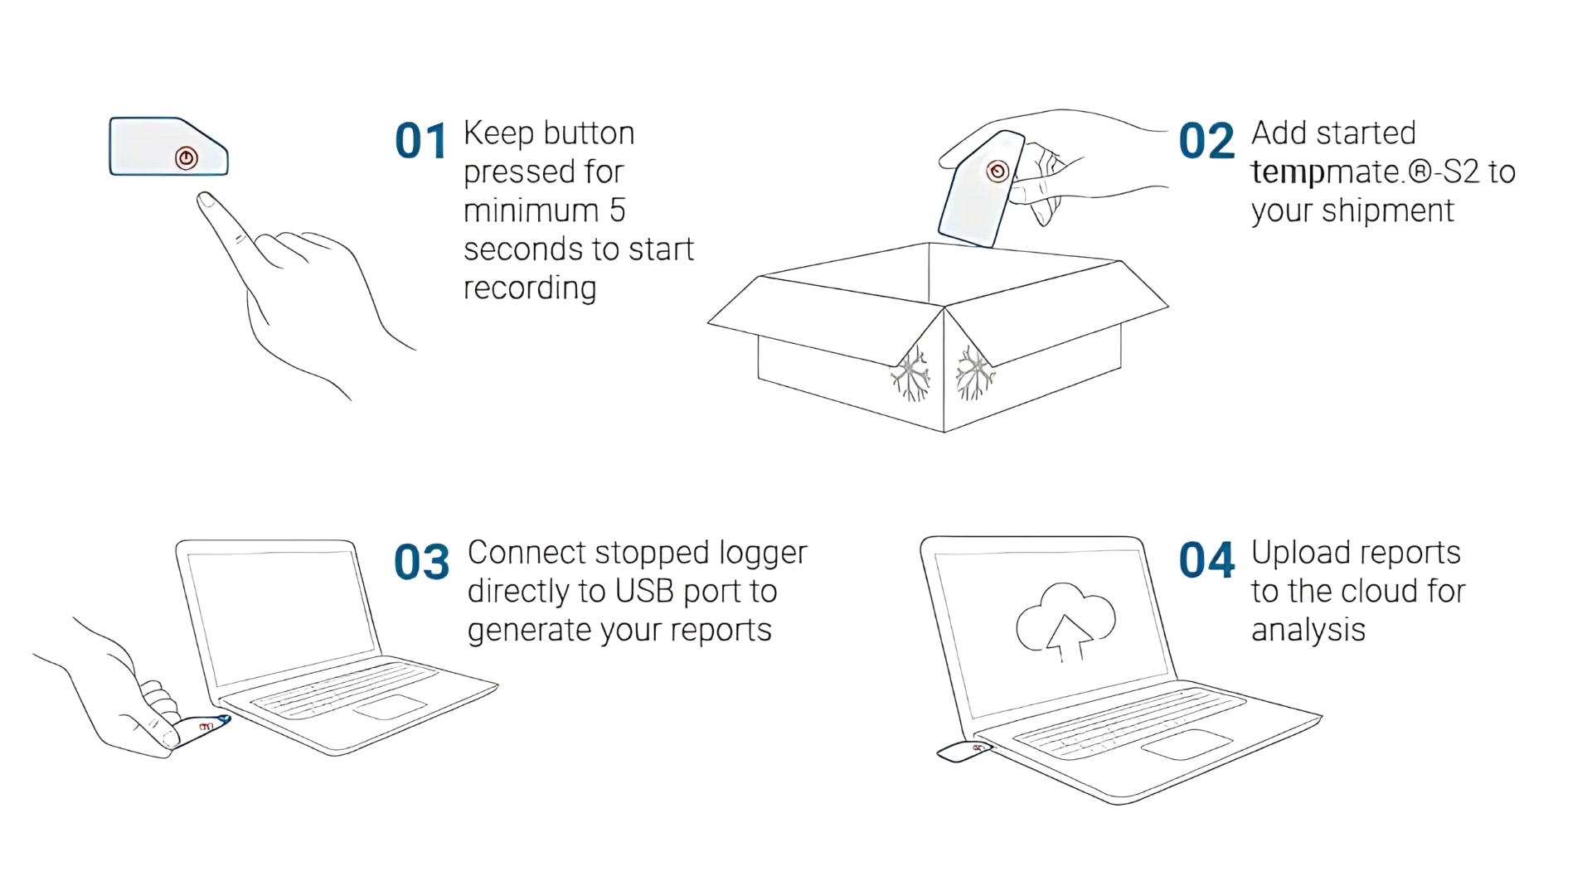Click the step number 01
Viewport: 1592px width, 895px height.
point(420,142)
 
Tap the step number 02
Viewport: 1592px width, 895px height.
point(1206,142)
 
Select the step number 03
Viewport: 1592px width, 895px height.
point(421,562)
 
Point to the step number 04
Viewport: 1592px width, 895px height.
point(1206,561)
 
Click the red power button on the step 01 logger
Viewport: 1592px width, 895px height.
point(187,158)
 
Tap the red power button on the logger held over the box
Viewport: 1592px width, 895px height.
point(997,172)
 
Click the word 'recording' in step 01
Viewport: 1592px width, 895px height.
point(529,288)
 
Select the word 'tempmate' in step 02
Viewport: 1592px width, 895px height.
point(1325,172)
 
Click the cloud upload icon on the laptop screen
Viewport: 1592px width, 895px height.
point(1065,622)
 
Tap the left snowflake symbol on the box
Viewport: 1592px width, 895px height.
point(912,374)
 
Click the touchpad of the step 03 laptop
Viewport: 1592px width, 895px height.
point(390,707)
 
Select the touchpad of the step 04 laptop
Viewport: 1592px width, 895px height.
point(1187,744)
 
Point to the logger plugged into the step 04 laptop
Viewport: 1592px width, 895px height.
point(963,752)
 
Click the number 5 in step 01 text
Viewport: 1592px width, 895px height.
point(617,211)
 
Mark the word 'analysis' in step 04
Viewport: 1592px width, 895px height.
point(1308,631)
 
